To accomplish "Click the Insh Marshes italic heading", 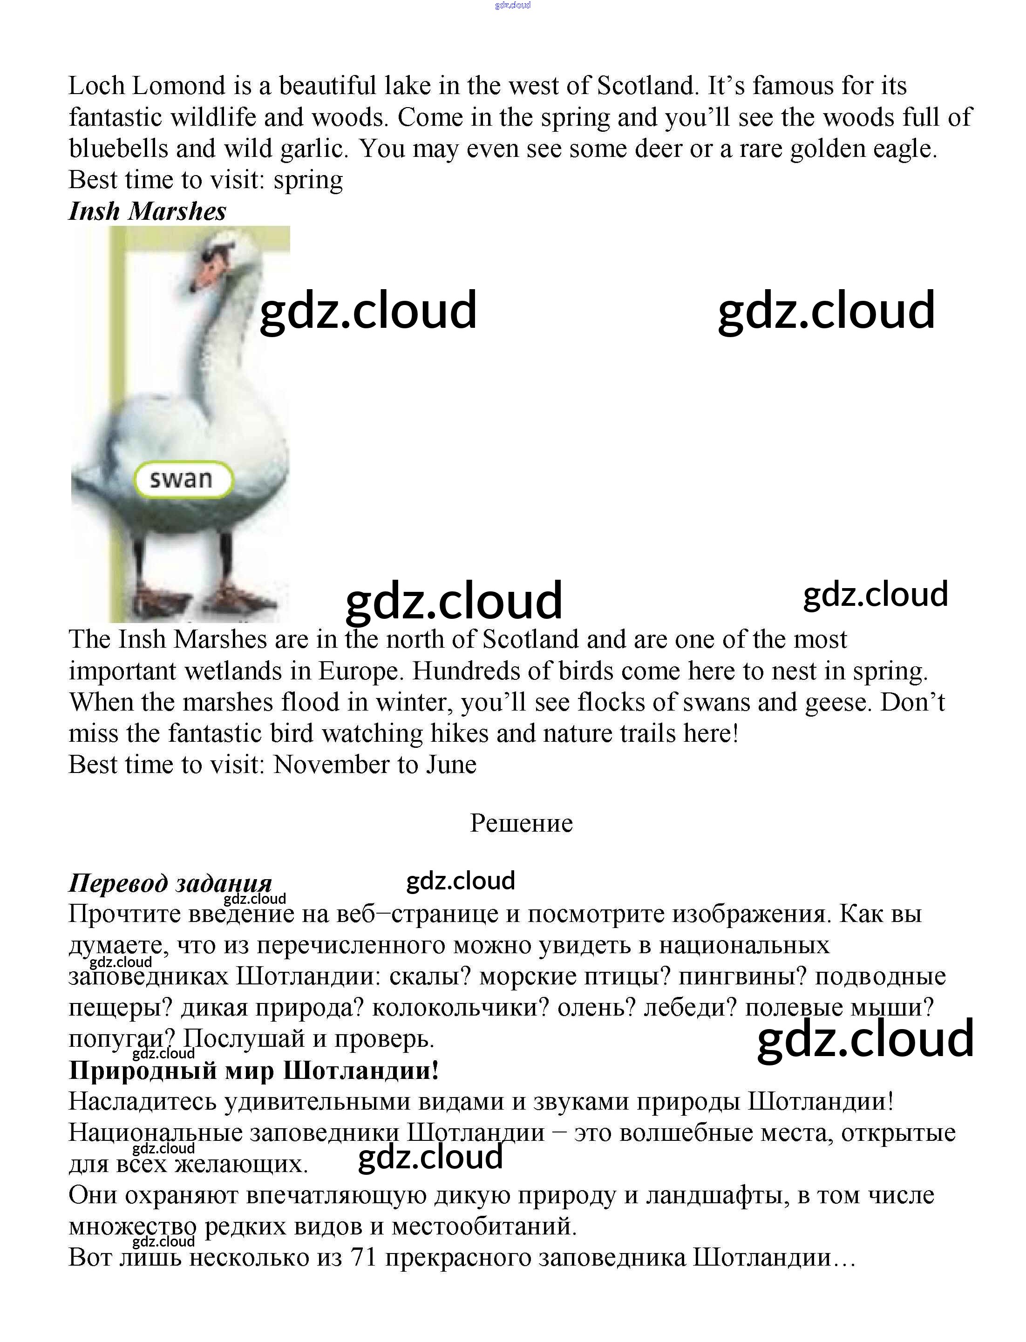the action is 147,211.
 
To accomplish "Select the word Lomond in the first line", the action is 178,86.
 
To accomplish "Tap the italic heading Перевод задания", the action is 170,883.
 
